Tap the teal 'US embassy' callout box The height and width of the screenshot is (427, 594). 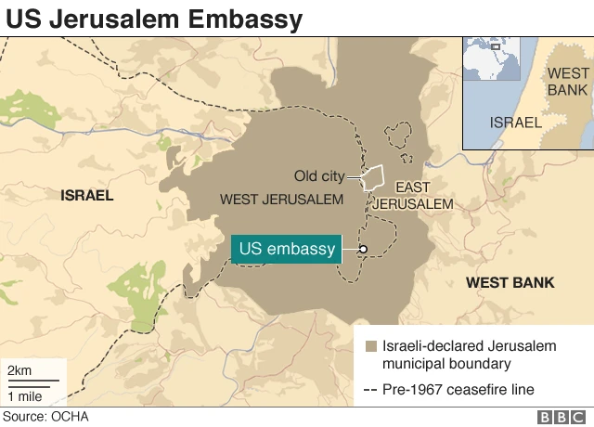[286, 249]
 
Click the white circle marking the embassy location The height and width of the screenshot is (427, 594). [363, 249]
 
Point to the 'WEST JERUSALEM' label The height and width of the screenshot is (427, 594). [281, 200]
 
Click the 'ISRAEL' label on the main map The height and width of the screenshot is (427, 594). [86, 196]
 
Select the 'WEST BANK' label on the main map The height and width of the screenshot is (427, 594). [510, 282]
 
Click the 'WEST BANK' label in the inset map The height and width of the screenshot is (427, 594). [568, 81]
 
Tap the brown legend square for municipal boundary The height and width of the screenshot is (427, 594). [371, 346]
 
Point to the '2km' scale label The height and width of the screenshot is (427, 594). [20, 371]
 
